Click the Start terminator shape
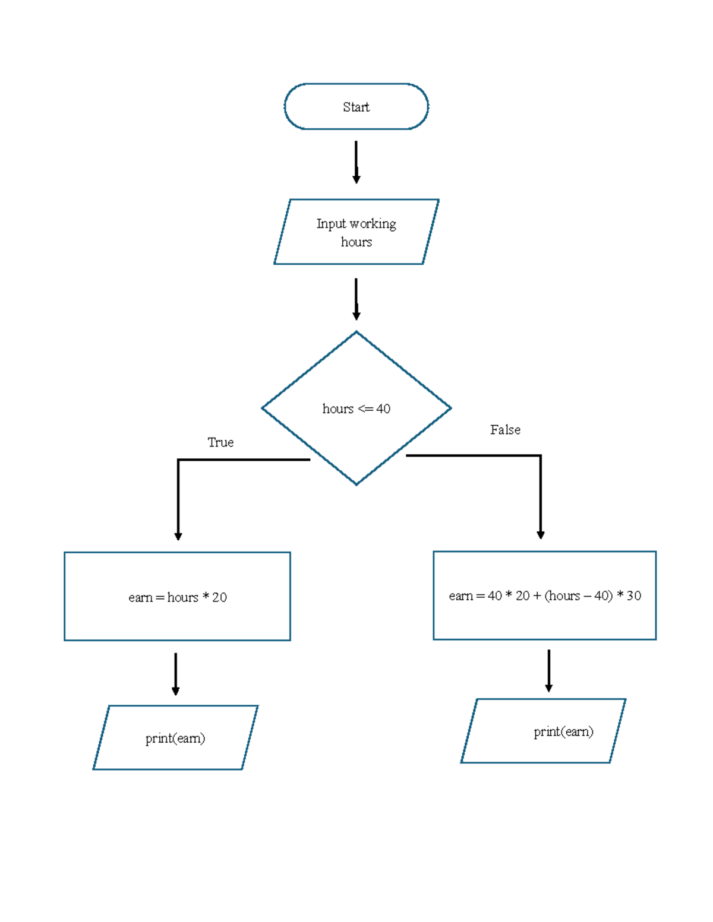356,107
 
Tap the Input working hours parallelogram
356,232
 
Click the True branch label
220,442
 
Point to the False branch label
505,430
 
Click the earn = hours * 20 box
177,597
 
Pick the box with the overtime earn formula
544,595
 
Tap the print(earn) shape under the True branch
175,738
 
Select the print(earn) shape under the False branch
543,731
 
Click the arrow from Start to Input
356,161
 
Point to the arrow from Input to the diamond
356,299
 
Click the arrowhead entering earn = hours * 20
178,536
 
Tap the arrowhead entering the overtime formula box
541,535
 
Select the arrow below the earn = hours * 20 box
175,674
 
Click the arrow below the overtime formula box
548,670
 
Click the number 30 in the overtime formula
633,595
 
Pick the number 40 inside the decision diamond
383,408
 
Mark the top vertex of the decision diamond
356,332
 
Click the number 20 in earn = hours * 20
219,597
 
